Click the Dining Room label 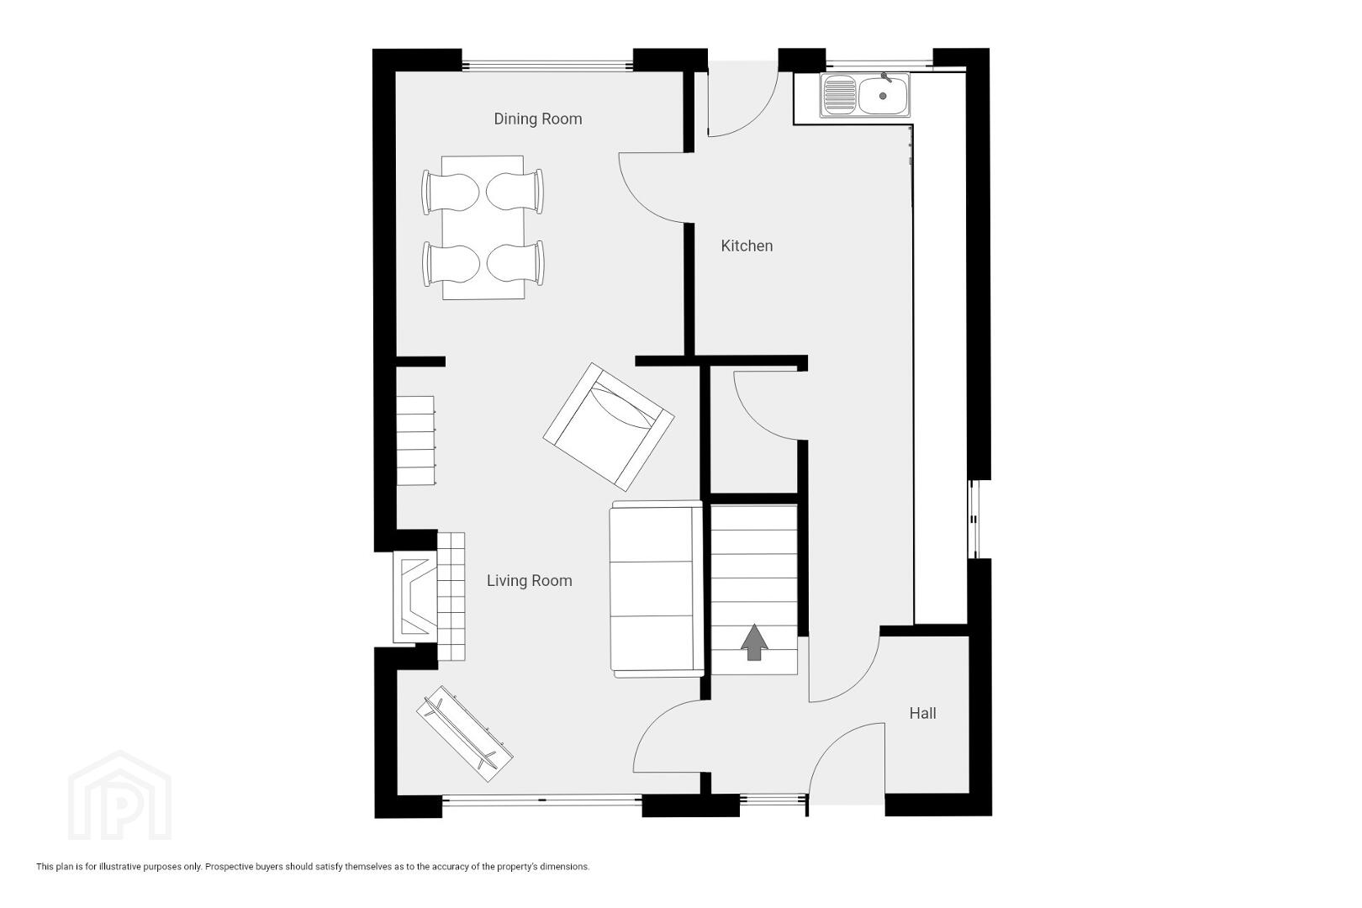tap(537, 119)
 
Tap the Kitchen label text tap(747, 245)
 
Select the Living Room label tap(529, 581)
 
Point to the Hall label tap(922, 714)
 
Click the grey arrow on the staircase tap(754, 642)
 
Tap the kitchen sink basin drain tap(883, 96)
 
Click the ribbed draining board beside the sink tap(838, 95)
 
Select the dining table tap(483, 228)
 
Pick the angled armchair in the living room tap(608, 427)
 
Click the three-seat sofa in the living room tap(657, 589)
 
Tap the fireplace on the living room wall tap(415, 597)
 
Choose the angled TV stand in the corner tap(465, 733)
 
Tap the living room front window tap(541, 800)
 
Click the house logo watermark tap(119, 795)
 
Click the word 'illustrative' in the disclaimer tap(119, 867)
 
